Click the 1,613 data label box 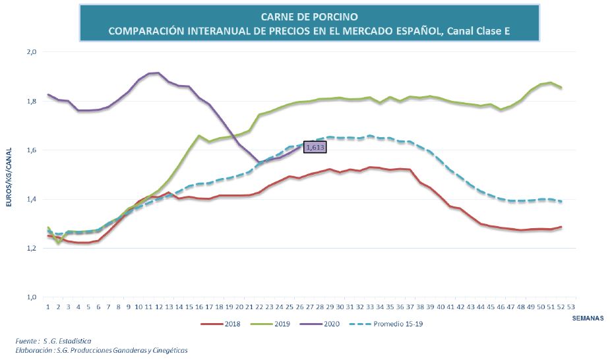pos(315,148)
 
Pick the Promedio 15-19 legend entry pos(379,323)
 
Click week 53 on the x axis pos(571,307)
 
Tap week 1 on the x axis pos(48,307)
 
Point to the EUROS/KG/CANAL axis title pos(9,175)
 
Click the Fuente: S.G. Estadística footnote pos(55,341)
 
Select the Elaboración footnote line pos(102,350)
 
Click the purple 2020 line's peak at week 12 pos(158,73)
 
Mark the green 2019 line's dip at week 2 pos(58,243)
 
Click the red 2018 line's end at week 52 pos(561,227)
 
